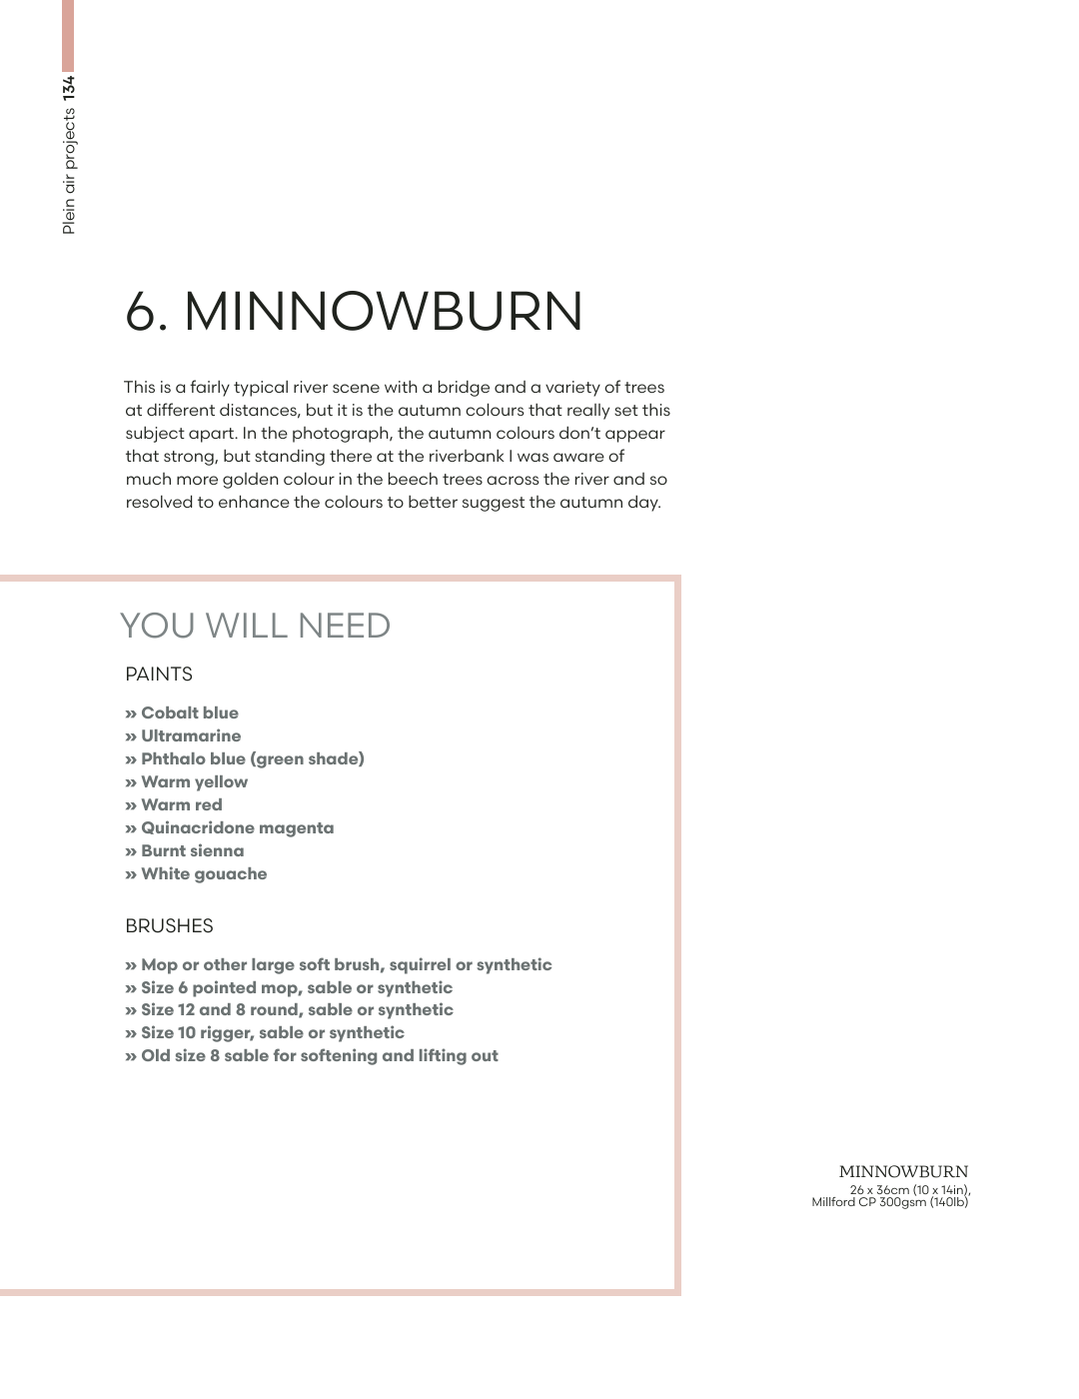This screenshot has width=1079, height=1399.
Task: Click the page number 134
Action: (68, 88)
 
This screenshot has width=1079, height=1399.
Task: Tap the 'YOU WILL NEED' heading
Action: (255, 626)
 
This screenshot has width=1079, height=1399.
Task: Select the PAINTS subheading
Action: (159, 675)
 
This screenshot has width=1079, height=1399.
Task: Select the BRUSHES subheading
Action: (169, 926)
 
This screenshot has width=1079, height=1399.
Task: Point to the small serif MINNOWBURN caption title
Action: (903, 1171)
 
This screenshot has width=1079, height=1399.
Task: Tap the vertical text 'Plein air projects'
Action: (68, 172)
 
